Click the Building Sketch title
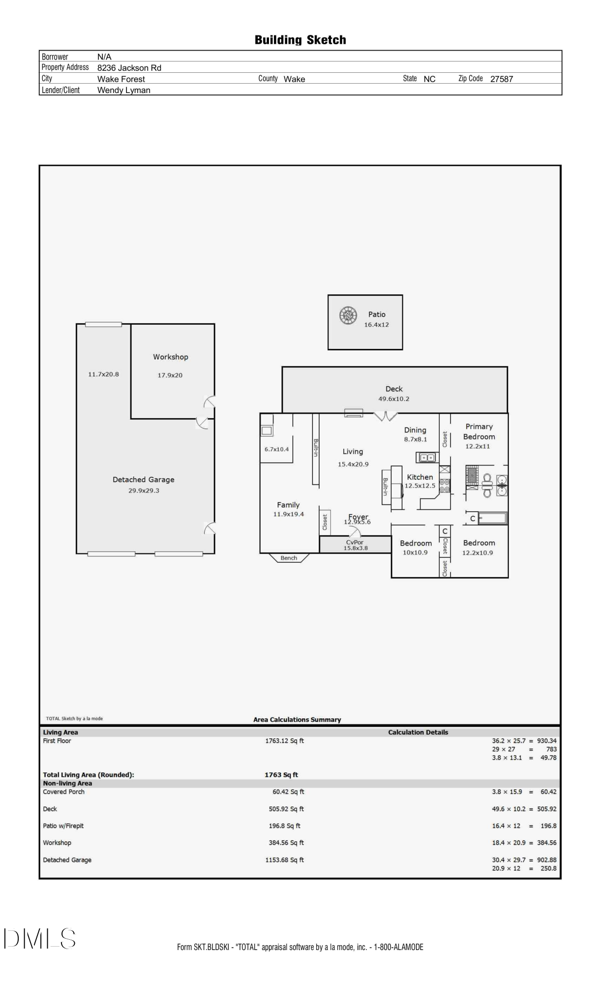coord(300,40)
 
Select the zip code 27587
coord(501,79)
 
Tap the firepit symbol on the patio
coord(348,315)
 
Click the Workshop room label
coord(170,357)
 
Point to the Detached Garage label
coord(143,479)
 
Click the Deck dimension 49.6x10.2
coord(393,399)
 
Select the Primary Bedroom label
coord(478,431)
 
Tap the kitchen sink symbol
coord(427,458)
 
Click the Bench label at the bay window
coord(289,558)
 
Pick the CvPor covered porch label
coord(355,542)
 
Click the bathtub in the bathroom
coord(492,518)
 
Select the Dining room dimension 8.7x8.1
coord(415,439)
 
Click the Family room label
coord(288,505)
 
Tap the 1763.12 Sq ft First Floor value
coord(284,741)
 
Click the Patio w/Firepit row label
coord(66,826)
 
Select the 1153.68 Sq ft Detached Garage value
coord(284,860)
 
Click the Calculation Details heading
coord(418,732)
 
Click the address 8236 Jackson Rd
coord(129,68)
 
